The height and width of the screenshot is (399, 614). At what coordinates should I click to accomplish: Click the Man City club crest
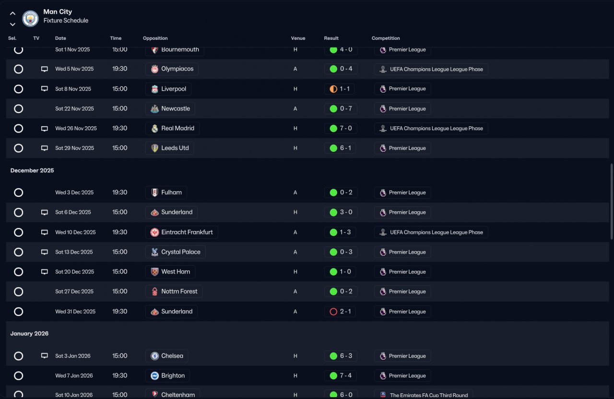tap(30, 18)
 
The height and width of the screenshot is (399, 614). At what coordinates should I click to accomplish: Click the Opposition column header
tap(155, 38)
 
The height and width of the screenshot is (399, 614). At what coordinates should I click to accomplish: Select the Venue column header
tap(298, 38)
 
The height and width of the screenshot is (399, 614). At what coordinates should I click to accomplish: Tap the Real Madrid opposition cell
tap(172, 128)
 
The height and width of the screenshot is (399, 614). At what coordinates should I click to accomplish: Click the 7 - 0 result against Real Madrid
tap(341, 128)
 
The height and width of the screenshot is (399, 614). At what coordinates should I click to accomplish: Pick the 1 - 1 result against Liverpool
tap(339, 89)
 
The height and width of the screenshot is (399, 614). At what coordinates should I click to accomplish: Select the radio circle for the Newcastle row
tap(18, 109)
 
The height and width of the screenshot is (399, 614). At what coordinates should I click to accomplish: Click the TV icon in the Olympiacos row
tap(45, 69)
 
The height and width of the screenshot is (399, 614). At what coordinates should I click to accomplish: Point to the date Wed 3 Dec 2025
tap(74, 193)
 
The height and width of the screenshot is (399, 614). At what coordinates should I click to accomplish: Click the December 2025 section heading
tap(32, 170)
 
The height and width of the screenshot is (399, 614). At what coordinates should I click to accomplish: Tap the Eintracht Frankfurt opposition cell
tap(182, 232)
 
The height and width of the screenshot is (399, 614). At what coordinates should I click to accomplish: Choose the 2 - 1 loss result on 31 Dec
tap(340, 312)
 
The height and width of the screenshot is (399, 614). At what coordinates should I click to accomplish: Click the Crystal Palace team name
tap(181, 252)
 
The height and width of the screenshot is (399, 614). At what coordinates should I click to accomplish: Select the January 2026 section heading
tap(29, 333)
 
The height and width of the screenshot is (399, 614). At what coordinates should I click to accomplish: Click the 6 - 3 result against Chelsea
tap(341, 356)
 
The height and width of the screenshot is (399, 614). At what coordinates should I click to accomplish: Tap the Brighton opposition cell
tap(167, 375)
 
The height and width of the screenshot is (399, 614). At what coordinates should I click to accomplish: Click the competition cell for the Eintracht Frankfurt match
tap(431, 232)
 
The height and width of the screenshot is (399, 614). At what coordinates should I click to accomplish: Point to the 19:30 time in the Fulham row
tap(120, 193)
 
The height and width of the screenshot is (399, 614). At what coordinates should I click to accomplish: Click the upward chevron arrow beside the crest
tap(12, 13)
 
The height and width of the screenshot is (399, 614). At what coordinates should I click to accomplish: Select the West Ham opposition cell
tap(170, 272)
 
